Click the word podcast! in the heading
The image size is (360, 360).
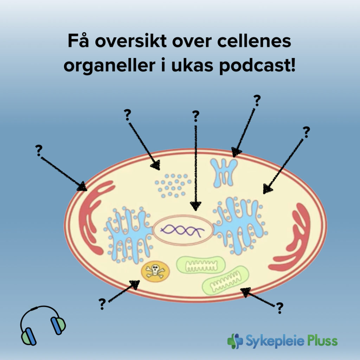point(257,66)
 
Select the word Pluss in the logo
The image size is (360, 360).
point(321,341)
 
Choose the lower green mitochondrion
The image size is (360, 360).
point(225,281)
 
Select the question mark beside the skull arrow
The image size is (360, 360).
point(102,303)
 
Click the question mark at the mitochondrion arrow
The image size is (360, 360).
point(279,308)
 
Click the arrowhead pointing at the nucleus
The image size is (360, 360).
point(196,205)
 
